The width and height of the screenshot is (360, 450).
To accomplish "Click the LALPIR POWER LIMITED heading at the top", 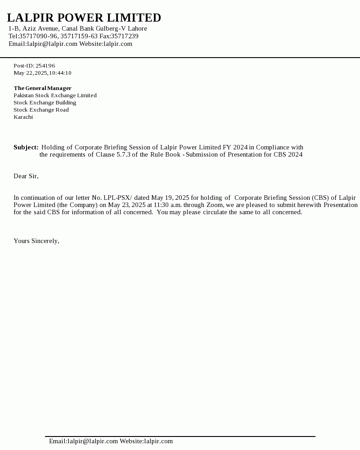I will click(84, 18).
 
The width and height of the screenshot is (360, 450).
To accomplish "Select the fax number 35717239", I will click(125, 36).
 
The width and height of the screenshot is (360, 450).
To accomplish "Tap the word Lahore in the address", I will click(137, 28).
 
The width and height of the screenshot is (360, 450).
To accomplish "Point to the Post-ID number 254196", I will click(45, 66).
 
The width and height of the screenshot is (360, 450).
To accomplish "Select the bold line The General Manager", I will click(42, 88).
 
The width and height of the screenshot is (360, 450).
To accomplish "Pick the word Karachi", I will click(23, 117).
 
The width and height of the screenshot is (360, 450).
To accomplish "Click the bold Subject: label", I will click(26, 147).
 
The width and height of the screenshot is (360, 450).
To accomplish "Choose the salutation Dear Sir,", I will click(26, 176).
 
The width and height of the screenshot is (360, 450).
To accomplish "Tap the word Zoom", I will click(215, 205).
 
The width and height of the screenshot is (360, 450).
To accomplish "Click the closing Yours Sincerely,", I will click(36, 241).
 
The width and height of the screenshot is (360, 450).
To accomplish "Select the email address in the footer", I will click(83, 441).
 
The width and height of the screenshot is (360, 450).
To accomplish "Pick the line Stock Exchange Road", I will click(41, 110).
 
